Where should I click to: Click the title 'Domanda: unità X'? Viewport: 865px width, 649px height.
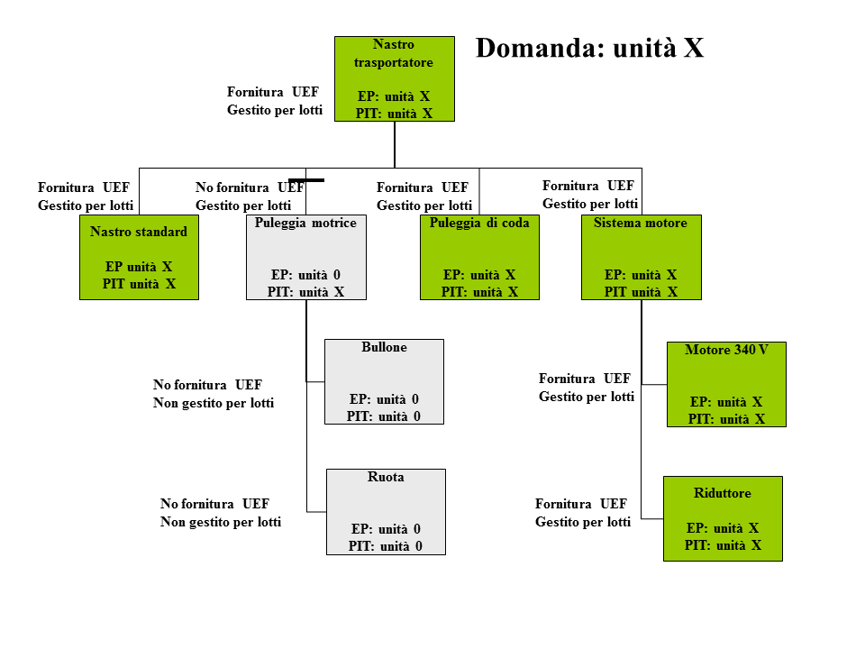coord(589,48)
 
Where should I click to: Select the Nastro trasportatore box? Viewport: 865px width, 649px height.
coord(395,78)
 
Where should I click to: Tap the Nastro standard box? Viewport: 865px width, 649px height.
coord(139,257)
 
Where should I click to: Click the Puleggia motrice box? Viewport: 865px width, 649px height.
coord(306,257)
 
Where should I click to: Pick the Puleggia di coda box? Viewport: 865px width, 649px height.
coord(479,257)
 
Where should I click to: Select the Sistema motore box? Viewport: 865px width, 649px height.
coord(641,257)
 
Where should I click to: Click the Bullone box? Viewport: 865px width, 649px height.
coord(384,381)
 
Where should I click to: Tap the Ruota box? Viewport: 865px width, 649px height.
coord(386,511)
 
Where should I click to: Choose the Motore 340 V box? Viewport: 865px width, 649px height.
coord(726,384)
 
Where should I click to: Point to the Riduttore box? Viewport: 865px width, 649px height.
coord(723,518)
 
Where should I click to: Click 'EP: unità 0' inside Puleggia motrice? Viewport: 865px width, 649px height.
coord(306,275)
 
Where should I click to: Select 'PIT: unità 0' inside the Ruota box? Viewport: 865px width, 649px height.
coord(386,546)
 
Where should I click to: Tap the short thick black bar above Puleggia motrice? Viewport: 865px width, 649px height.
coord(306,180)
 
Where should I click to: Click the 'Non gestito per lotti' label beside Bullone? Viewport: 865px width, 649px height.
coord(214,403)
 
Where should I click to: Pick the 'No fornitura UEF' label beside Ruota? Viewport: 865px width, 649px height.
coord(214,504)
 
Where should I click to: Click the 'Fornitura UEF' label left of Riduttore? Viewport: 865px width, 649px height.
coord(581,504)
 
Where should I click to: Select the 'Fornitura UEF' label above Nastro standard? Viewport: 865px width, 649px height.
coord(84,187)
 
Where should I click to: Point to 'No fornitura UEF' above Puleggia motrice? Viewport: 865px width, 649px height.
coord(250,187)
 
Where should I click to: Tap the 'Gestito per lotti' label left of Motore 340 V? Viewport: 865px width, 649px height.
coord(587,397)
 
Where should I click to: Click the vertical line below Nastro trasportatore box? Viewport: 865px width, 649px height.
coord(395,144)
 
